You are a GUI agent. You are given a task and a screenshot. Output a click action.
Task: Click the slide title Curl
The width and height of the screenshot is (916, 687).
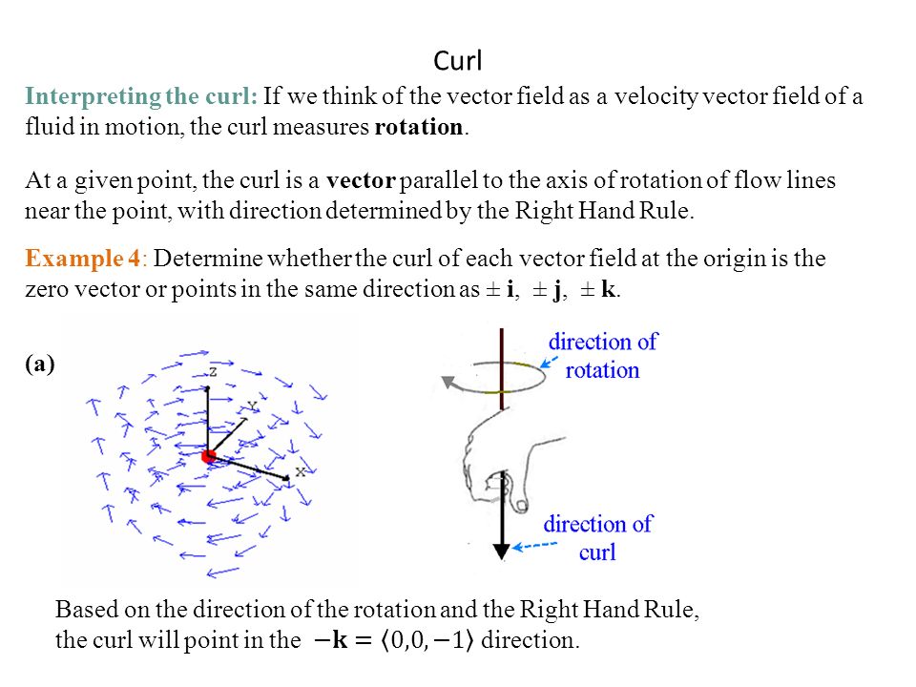click(458, 62)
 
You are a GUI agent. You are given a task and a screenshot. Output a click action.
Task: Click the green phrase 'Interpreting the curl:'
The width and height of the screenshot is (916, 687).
click(141, 96)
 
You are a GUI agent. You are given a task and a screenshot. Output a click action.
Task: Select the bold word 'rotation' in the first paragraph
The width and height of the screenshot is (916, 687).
click(419, 128)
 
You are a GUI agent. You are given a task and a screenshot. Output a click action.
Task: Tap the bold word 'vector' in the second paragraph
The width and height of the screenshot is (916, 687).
click(360, 181)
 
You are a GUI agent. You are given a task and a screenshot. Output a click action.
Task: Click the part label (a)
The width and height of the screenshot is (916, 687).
click(41, 363)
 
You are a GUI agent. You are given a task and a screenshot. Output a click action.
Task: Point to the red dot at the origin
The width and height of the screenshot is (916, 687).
click(209, 458)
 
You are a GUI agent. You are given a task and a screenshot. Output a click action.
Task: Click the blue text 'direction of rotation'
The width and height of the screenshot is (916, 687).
click(602, 355)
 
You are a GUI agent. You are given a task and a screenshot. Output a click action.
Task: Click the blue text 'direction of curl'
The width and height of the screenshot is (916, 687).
click(597, 537)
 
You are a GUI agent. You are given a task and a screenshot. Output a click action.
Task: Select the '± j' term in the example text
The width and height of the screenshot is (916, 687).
click(545, 290)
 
